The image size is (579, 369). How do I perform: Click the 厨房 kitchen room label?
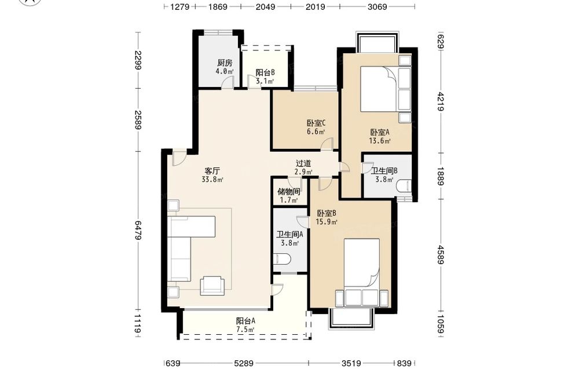coord(225,63)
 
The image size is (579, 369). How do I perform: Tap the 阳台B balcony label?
coord(265,72)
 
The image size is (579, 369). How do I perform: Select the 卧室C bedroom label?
coord(316,123)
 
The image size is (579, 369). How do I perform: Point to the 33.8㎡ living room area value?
coord(212,180)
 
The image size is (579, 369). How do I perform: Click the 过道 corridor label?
coord(303,163)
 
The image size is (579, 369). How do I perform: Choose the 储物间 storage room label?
coord(288,192)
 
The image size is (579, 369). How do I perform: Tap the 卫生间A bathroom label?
coord(290,234)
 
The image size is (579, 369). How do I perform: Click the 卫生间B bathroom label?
coord(384,171)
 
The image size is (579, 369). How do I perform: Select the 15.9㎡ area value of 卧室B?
coord(327,222)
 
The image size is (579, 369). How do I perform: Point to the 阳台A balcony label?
coord(245,321)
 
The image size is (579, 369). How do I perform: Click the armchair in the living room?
coord(212,286)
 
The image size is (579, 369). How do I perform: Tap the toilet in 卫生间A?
coord(283,259)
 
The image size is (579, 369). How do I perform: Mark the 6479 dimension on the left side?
coord(138,231)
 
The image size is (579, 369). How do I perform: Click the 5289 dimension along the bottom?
coord(244,364)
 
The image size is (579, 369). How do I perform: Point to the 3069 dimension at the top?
coord(377,6)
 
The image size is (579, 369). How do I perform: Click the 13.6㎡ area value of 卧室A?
coord(380,141)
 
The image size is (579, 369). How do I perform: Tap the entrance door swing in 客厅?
coord(179,158)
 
